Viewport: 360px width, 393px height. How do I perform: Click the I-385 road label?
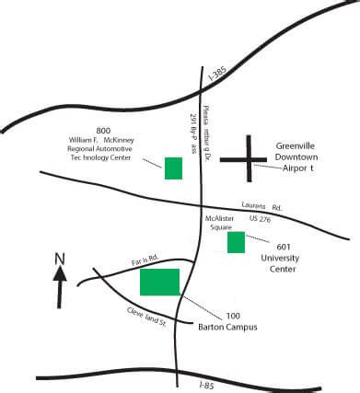pos(217,71)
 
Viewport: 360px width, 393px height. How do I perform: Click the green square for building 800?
pos(173,168)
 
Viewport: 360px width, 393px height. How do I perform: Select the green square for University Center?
pos(236,242)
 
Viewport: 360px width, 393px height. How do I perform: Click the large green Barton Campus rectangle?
pos(159,282)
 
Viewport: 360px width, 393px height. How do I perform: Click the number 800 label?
pos(103,129)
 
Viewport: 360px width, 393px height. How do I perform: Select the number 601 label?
pos(285,246)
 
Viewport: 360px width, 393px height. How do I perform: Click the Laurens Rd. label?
pos(260,205)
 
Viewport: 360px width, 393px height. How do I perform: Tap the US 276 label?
pos(262,219)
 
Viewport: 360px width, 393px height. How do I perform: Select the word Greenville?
pos(301,144)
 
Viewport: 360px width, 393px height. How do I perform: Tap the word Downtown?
pos(302,157)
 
